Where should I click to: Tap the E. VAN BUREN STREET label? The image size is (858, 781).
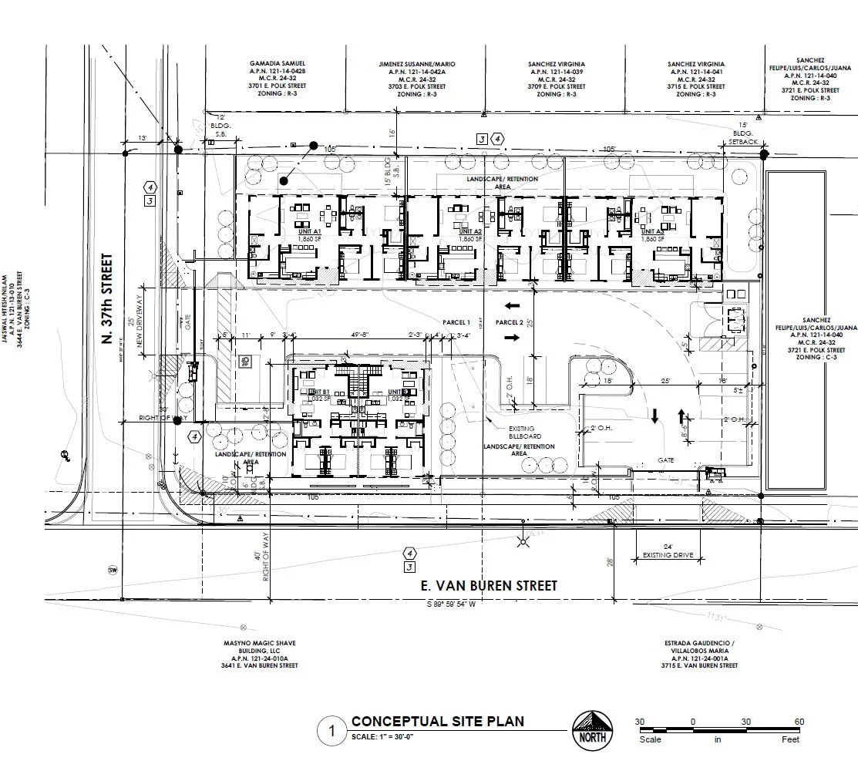(x=490, y=586)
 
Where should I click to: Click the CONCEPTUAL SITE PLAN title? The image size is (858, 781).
(x=437, y=722)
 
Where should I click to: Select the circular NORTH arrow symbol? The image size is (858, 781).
(x=593, y=729)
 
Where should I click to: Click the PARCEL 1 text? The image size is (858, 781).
(x=456, y=321)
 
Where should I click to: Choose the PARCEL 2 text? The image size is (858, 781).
(x=510, y=321)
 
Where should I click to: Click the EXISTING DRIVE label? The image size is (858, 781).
(x=662, y=555)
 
